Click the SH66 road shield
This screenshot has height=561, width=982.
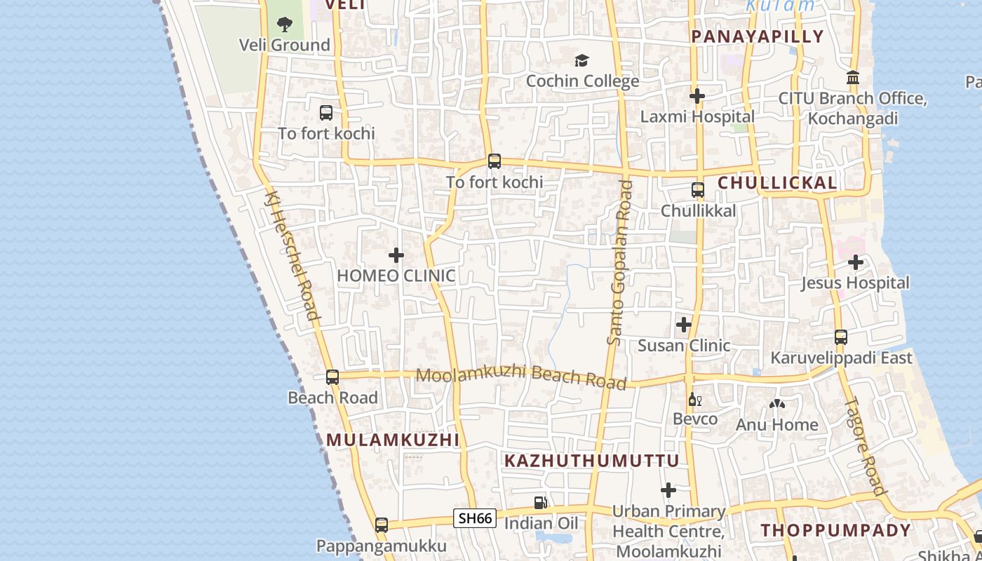[475, 518]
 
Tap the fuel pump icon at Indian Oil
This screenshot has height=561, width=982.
[540, 502]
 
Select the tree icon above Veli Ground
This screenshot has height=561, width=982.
[284, 25]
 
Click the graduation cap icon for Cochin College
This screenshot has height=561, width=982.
[581, 60]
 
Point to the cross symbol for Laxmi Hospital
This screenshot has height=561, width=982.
[697, 95]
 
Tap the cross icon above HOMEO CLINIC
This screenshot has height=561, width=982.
[396, 255]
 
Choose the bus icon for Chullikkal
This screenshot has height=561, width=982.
[698, 189]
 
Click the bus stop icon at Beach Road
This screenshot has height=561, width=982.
[332, 377]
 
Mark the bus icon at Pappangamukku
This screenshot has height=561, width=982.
[382, 525]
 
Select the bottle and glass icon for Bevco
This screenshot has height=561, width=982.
[695, 400]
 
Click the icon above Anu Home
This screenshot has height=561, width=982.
[776, 404]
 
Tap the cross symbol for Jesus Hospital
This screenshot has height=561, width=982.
[855, 262]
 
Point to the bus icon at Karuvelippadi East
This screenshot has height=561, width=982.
[841, 337]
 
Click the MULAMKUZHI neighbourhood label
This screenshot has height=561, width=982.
[393, 440]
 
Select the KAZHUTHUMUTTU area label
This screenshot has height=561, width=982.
[592, 461]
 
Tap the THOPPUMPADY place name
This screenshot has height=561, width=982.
[836, 530]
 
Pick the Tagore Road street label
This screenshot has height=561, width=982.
[866, 447]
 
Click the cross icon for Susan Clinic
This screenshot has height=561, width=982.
[684, 325]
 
